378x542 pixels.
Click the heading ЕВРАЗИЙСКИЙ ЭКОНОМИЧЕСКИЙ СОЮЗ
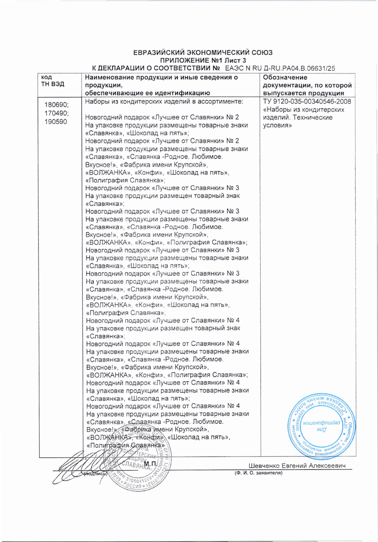tap(203, 53)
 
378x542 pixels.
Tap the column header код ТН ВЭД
tap(52, 81)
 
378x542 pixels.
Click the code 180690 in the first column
tap(57, 105)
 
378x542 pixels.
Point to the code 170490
tap(56, 113)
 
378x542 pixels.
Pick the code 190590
tap(56, 122)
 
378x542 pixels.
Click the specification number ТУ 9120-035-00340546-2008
tap(307, 102)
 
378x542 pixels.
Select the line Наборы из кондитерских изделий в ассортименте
tap(164, 102)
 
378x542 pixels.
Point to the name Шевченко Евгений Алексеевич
tap(297, 466)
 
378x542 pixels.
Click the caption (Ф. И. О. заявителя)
tap(259, 473)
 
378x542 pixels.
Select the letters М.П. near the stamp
tap(150, 464)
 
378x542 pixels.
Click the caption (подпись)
tap(95, 474)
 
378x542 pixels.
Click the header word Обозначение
tap(285, 77)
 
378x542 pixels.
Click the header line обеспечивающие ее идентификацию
tap(147, 93)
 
